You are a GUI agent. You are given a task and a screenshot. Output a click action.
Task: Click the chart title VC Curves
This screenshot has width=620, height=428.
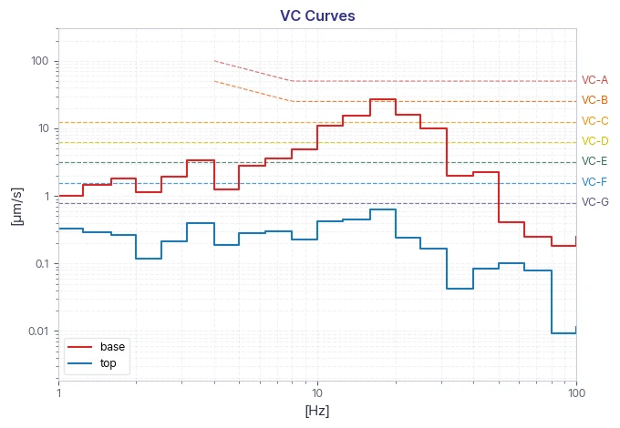click(x=317, y=15)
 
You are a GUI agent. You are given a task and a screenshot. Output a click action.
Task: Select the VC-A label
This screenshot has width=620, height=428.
click(x=594, y=80)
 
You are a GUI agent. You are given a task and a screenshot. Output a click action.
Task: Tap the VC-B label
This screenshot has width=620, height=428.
click(x=594, y=100)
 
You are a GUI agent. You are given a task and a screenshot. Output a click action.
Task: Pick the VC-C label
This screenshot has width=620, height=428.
click(x=594, y=121)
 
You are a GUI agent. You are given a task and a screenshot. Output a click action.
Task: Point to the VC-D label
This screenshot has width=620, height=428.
click(x=594, y=141)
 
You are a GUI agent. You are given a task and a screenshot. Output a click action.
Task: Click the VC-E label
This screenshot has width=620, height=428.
click(x=594, y=161)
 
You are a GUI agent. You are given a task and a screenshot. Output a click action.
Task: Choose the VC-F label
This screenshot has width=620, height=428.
click(x=594, y=182)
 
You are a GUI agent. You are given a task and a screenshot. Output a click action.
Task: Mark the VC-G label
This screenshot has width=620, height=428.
click(x=594, y=202)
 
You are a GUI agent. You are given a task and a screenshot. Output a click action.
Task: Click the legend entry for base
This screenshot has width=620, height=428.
click(x=96, y=347)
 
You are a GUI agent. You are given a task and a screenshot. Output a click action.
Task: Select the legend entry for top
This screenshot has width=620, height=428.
click(x=92, y=363)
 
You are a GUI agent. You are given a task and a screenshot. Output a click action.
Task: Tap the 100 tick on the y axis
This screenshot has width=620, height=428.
click(x=39, y=61)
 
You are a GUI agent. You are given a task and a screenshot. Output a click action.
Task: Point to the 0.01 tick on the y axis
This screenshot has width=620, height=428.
click(x=38, y=331)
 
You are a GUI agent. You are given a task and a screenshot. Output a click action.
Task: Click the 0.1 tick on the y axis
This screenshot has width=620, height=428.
click(x=42, y=263)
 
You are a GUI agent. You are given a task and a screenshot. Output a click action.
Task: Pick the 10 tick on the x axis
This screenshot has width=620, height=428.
click(x=317, y=392)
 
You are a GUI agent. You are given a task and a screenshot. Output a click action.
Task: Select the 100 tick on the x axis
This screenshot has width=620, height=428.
click(x=576, y=392)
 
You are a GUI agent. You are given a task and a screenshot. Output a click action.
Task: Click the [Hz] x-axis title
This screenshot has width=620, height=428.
click(x=317, y=411)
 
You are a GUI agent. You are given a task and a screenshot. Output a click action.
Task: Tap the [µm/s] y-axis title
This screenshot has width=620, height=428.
click(x=17, y=207)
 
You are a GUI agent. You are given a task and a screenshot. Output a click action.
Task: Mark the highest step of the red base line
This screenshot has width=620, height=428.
click(x=383, y=99)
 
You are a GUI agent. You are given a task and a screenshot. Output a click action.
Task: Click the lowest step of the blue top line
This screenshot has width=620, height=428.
click(x=563, y=333)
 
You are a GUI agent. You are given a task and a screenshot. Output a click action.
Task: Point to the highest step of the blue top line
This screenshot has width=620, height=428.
click(x=383, y=209)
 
